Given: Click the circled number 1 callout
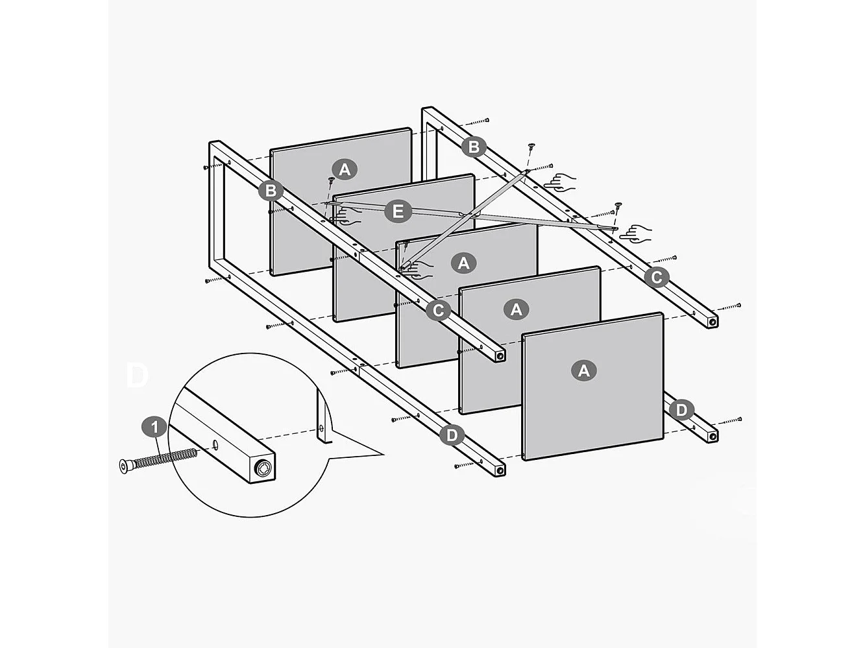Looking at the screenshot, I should pos(154,427).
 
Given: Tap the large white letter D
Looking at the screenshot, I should pos(137,376).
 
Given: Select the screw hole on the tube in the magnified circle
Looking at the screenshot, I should pos(214,444).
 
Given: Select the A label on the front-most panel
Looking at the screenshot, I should pos(583,370).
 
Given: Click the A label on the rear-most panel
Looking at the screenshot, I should pos(345,169).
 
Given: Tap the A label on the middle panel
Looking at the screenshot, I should pos(463,263).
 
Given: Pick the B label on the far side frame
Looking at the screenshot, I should pos(474,147).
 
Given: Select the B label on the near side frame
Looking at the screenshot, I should pos(270,191).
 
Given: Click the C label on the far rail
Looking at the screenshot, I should pos(656,278).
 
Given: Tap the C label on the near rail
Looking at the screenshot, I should pos(438,310).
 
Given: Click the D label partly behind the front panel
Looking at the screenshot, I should pos(681,410).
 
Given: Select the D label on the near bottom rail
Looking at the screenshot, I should pos(452,435).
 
